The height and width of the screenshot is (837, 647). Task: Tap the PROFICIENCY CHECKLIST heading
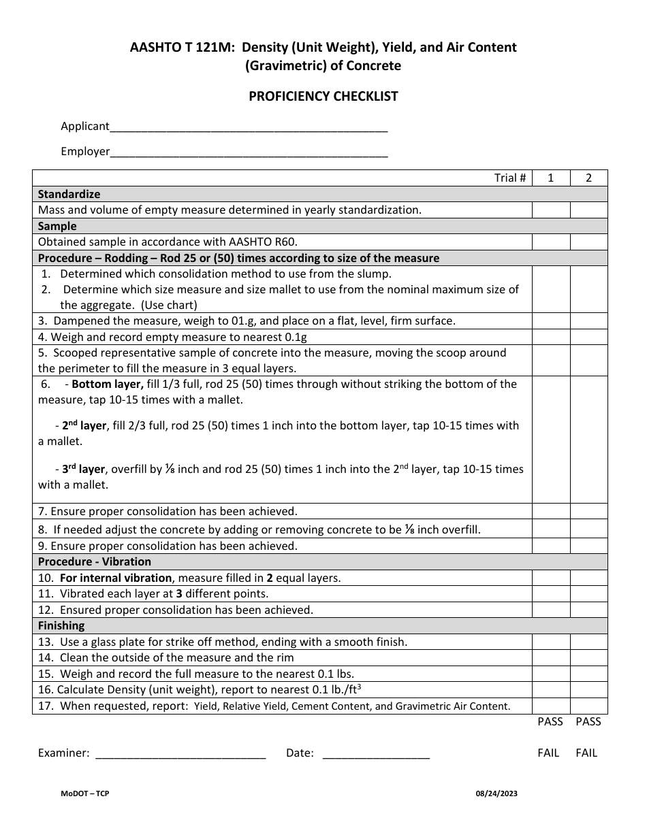click(323, 96)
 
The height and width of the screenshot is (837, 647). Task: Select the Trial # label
click(509, 178)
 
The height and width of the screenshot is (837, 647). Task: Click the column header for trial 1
click(551, 178)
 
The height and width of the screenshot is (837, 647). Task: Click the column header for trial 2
click(588, 178)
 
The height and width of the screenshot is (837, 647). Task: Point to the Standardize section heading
click(69, 194)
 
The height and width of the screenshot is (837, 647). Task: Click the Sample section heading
click(57, 226)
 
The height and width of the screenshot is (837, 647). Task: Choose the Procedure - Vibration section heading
click(95, 561)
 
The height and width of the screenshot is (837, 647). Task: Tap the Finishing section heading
click(61, 625)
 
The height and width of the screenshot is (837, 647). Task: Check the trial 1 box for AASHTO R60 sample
click(551, 242)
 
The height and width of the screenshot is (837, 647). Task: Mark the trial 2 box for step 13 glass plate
click(588, 642)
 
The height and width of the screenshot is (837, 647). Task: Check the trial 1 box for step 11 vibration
click(551, 593)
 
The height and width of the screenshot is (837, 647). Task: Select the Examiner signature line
click(180, 753)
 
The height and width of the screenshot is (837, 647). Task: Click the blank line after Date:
click(375, 753)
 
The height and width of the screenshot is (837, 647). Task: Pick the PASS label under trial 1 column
click(550, 721)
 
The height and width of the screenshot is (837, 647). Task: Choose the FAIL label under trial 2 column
click(586, 753)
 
